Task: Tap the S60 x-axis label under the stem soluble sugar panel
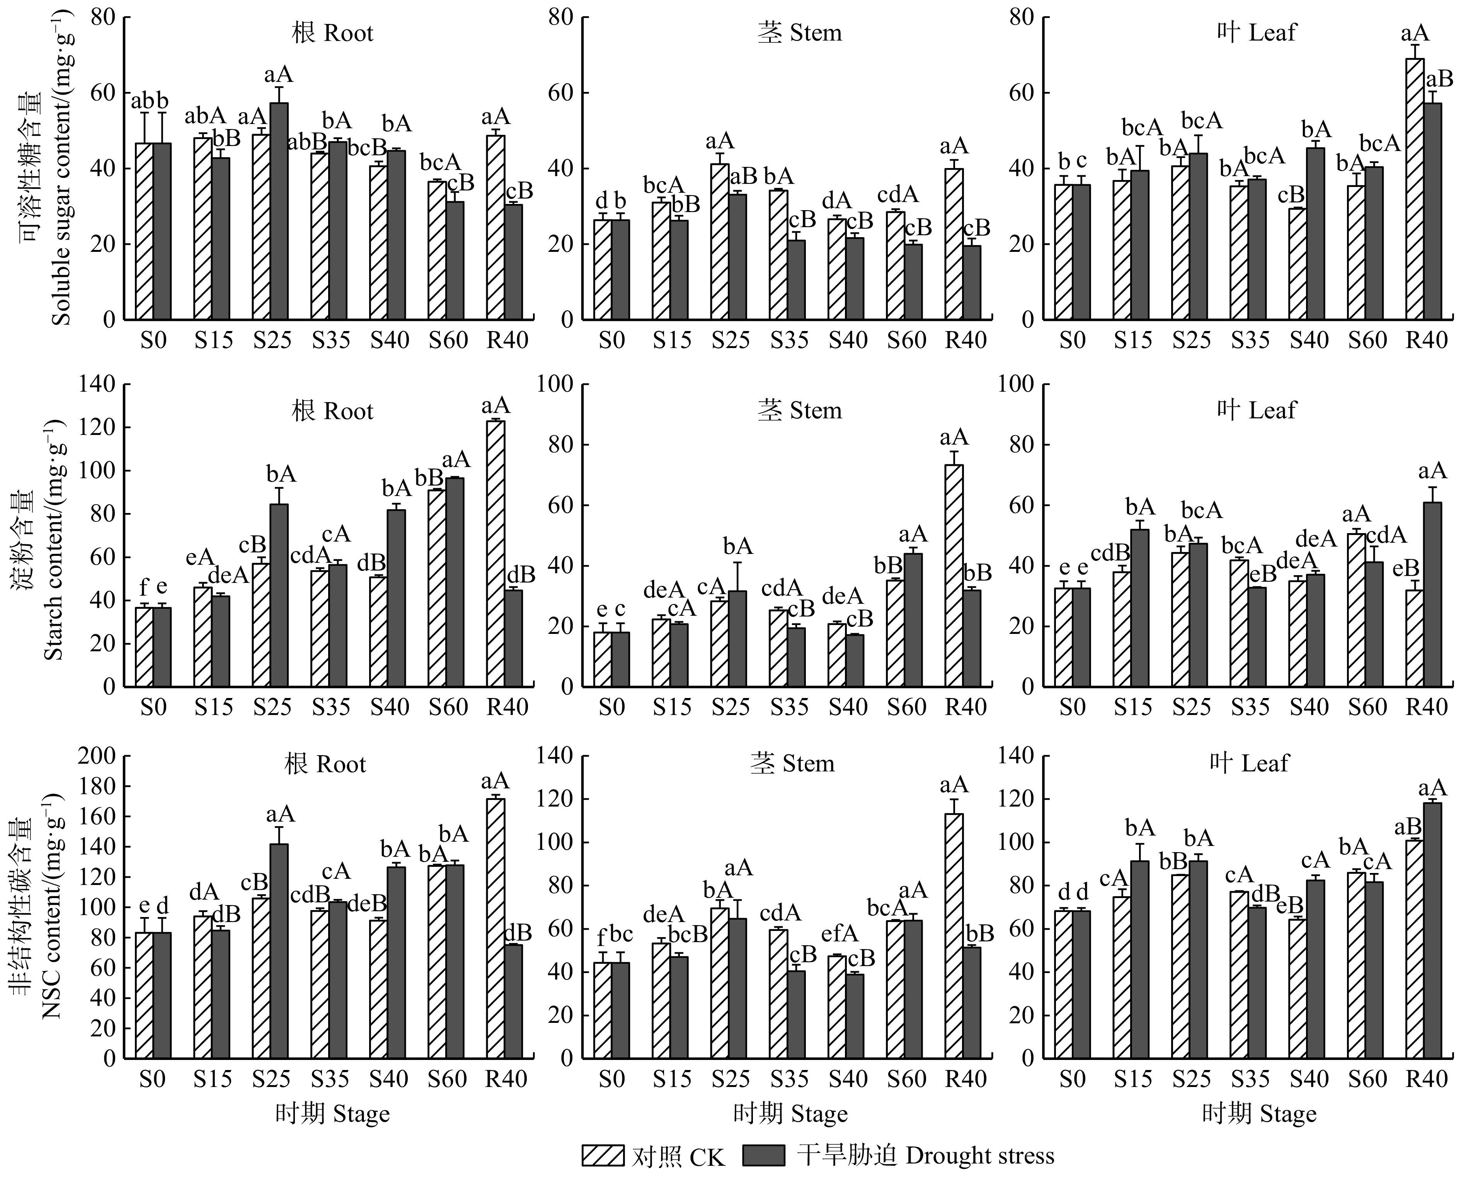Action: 907,340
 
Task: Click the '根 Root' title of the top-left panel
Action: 332,32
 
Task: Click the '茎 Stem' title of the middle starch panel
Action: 799,410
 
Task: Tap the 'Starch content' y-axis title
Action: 54,539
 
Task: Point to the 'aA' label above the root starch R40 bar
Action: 496,406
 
